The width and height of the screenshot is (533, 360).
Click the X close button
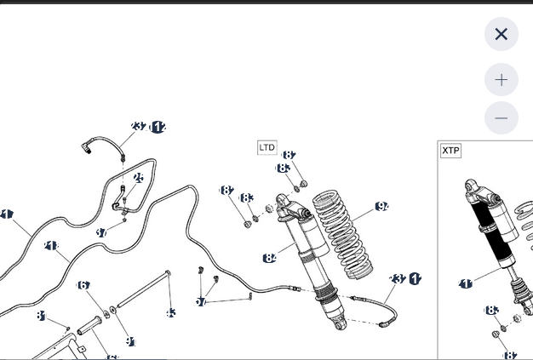coord(501,34)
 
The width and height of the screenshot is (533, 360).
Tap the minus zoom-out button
coord(501,118)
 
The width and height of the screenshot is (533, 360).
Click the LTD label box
coord(267,147)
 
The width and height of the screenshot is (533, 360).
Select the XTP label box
coord(450,151)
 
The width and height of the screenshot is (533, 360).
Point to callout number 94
coord(381,207)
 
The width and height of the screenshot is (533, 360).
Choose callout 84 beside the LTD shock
coord(270,258)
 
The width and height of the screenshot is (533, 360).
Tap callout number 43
coord(170,313)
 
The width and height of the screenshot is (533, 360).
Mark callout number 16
coord(83,285)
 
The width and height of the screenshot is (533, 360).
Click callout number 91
coord(130,341)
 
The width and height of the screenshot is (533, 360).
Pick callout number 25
coord(138,178)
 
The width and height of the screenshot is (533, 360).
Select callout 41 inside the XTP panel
coord(466,283)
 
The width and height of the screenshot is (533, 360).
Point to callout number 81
coord(40,316)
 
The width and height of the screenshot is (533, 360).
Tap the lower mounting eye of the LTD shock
coord(339,324)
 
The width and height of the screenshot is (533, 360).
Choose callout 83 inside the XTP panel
coord(491,311)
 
